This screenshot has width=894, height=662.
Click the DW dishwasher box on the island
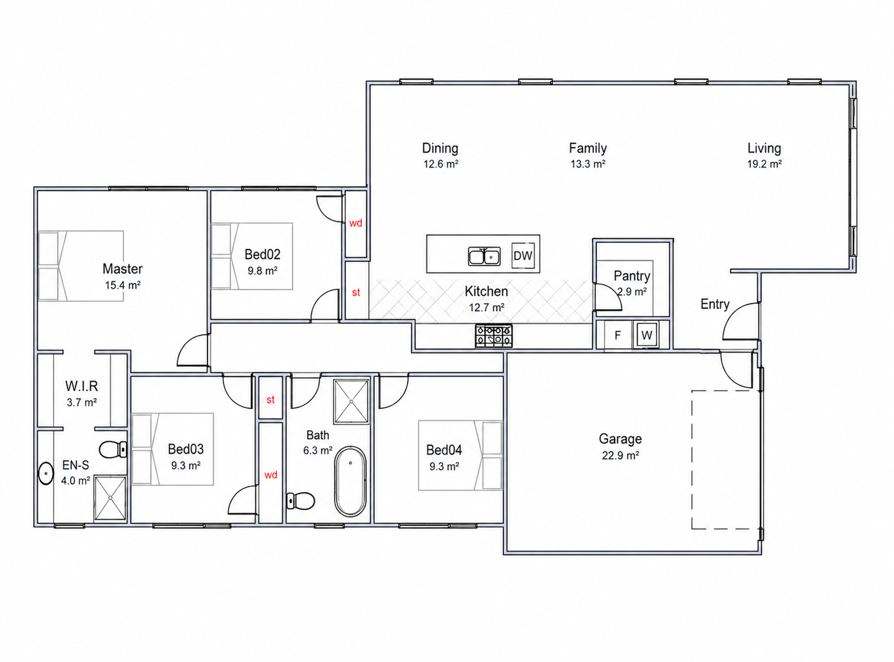coord(523,256)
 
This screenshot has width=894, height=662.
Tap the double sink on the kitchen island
coord(484,256)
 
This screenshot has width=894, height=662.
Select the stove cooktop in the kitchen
coord(494,336)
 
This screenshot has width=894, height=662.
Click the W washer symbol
coord(646,335)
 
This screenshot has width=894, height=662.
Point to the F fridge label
coord(617,336)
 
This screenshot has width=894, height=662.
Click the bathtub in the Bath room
coord(350,481)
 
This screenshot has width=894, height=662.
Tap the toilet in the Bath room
coord(300,501)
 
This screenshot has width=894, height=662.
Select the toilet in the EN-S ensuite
coord(114,449)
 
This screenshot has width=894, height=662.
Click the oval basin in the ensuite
coord(46,473)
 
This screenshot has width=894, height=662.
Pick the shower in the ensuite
coord(110,498)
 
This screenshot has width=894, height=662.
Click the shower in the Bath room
coord(352,401)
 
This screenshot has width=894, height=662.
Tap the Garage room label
coord(620,439)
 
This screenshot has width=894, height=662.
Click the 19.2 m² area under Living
coord(765,164)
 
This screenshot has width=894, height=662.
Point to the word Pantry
coord(631,276)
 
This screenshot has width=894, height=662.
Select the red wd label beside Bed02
coord(355,223)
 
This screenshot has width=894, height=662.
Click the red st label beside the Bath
coord(271,399)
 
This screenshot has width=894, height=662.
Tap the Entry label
coord(715,304)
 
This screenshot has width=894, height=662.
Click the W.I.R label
coord(82,387)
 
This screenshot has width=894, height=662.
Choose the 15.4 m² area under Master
coord(123,285)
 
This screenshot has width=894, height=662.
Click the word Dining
coord(440,148)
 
